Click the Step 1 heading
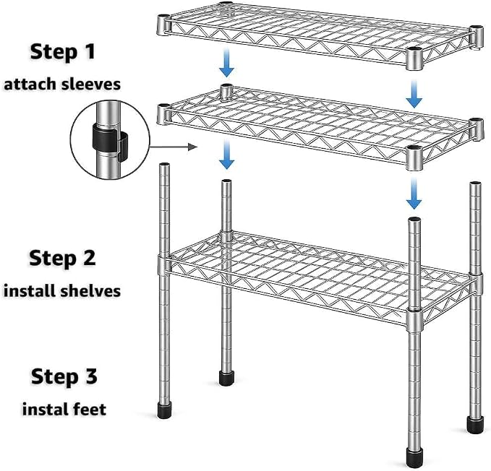pyautogui.click(x=63, y=51)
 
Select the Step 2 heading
pyautogui.click(x=63, y=258)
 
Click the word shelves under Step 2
pyautogui.click(x=90, y=291)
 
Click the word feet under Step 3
pyautogui.click(x=90, y=409)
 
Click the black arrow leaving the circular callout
pyautogui.click(x=173, y=147)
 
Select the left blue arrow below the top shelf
pyautogui.click(x=227, y=63)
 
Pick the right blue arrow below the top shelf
pyautogui.click(x=414, y=93)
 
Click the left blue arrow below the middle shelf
pyautogui.click(x=227, y=155)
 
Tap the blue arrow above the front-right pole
pyautogui.click(x=414, y=194)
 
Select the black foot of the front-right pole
pyautogui.click(x=414, y=457)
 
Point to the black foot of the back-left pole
pyautogui.click(x=227, y=378)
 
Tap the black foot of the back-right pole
pyautogui.click(x=475, y=425)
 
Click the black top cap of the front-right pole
pyautogui.click(x=414, y=220)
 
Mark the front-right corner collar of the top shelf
pyautogui.click(x=415, y=59)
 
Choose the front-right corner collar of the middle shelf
pyautogui.click(x=415, y=158)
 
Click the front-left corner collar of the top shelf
pyautogui.click(x=163, y=25)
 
